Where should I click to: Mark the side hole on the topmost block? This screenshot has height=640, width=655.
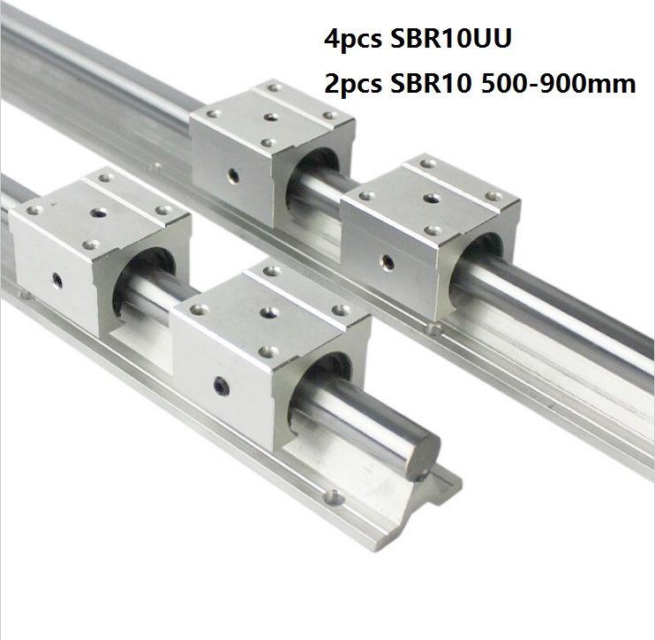coord(231,173)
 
